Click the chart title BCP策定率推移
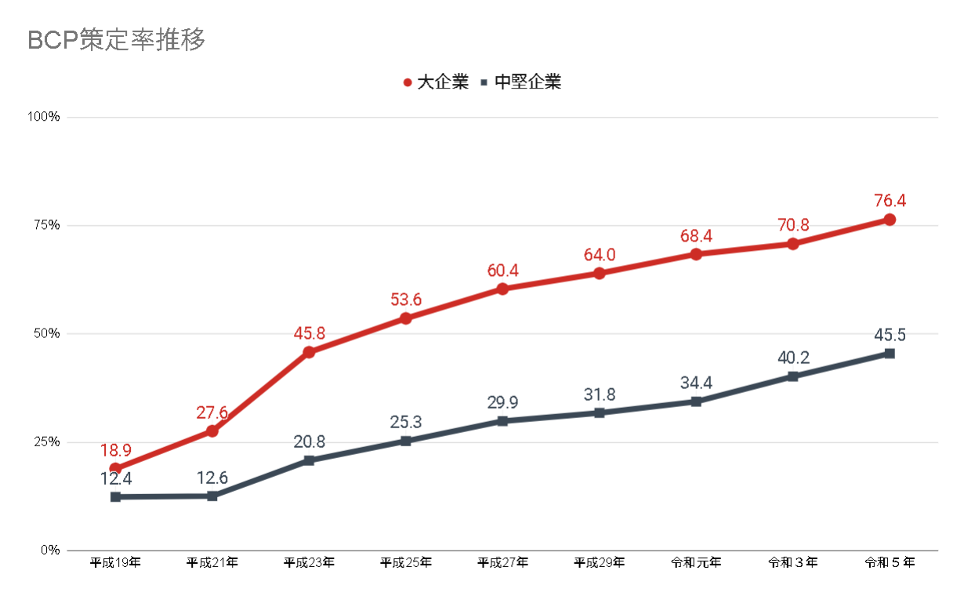[117, 40]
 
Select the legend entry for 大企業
[436, 82]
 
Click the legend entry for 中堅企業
[522, 82]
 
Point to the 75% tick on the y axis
[45, 225]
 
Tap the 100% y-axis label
[43, 117]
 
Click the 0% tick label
[49, 550]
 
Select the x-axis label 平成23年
[309, 562]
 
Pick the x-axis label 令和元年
[696, 562]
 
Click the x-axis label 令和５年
[890, 562]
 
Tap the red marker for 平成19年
[115, 468]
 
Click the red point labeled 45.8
[309, 352]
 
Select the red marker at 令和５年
[890, 220]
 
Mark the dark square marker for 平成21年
[212, 496]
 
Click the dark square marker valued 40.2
[792, 376]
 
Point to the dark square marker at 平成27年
[502, 421]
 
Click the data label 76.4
[890, 201]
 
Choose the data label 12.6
[212, 477]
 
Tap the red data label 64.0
[600, 255]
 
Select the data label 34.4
[696, 383]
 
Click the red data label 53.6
[406, 300]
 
